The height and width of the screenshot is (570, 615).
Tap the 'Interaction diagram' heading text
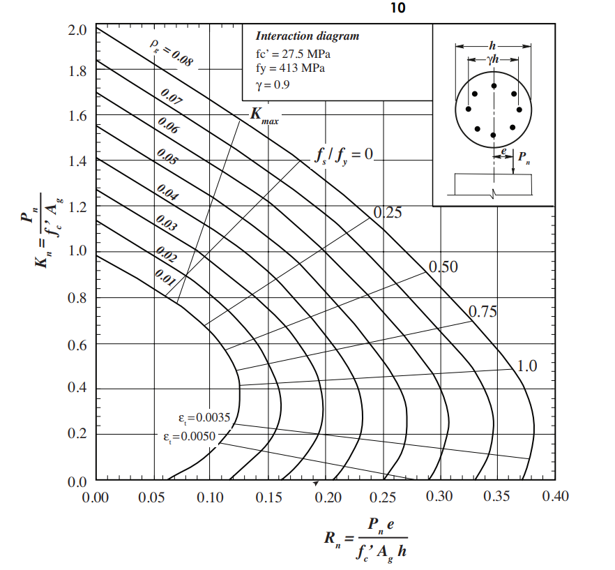[307, 36]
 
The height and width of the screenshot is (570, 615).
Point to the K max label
[264, 116]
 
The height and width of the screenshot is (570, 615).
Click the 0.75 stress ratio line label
[483, 311]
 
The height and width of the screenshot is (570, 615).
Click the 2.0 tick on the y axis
[77, 31]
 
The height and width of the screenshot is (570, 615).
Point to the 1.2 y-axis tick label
[77, 207]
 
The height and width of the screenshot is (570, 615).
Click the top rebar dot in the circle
[494, 86]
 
